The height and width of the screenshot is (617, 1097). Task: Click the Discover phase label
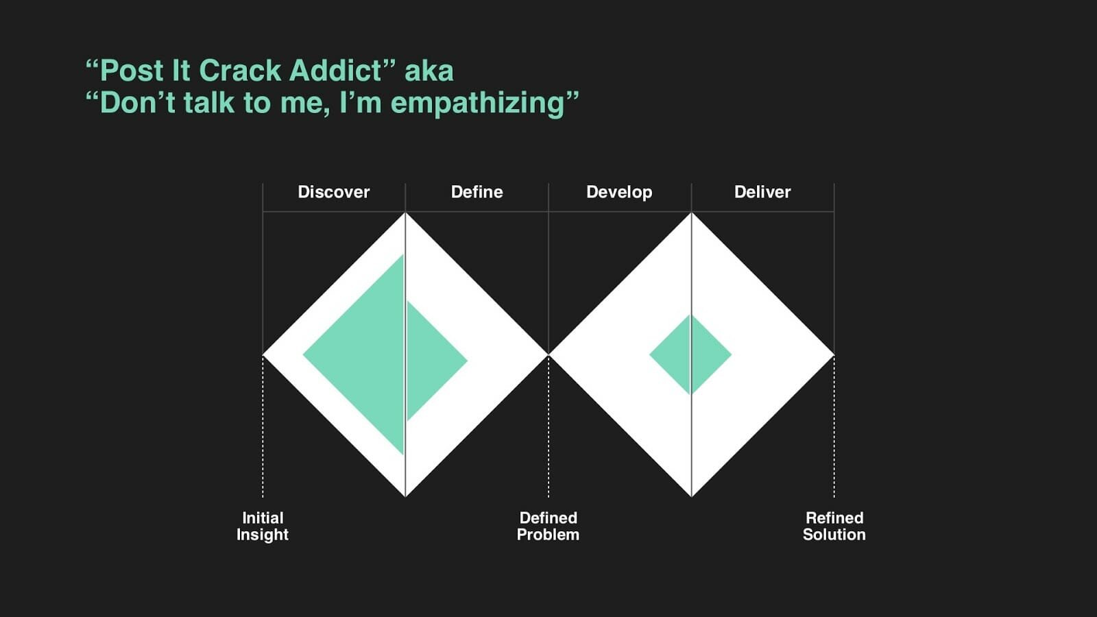pyautogui.click(x=333, y=192)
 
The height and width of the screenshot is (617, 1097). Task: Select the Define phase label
pyautogui.click(x=477, y=192)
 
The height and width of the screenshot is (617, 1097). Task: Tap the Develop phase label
pyautogui.click(x=619, y=193)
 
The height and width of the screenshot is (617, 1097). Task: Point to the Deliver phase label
pyautogui.click(x=762, y=192)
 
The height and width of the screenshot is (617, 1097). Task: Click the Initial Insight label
pyautogui.click(x=263, y=527)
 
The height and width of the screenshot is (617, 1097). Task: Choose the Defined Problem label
pyautogui.click(x=548, y=527)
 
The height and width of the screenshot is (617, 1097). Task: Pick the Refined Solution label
pyautogui.click(x=834, y=527)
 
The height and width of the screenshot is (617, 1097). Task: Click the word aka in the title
pyautogui.click(x=429, y=71)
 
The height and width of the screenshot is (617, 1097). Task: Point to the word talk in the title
pyautogui.click(x=209, y=102)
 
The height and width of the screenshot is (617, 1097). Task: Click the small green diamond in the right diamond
pyautogui.click(x=690, y=354)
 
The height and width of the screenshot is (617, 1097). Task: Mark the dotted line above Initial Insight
pyautogui.click(x=263, y=426)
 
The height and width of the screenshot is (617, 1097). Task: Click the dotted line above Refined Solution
pyautogui.click(x=834, y=426)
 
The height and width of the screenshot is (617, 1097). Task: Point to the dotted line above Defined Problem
pyautogui.click(x=548, y=426)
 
